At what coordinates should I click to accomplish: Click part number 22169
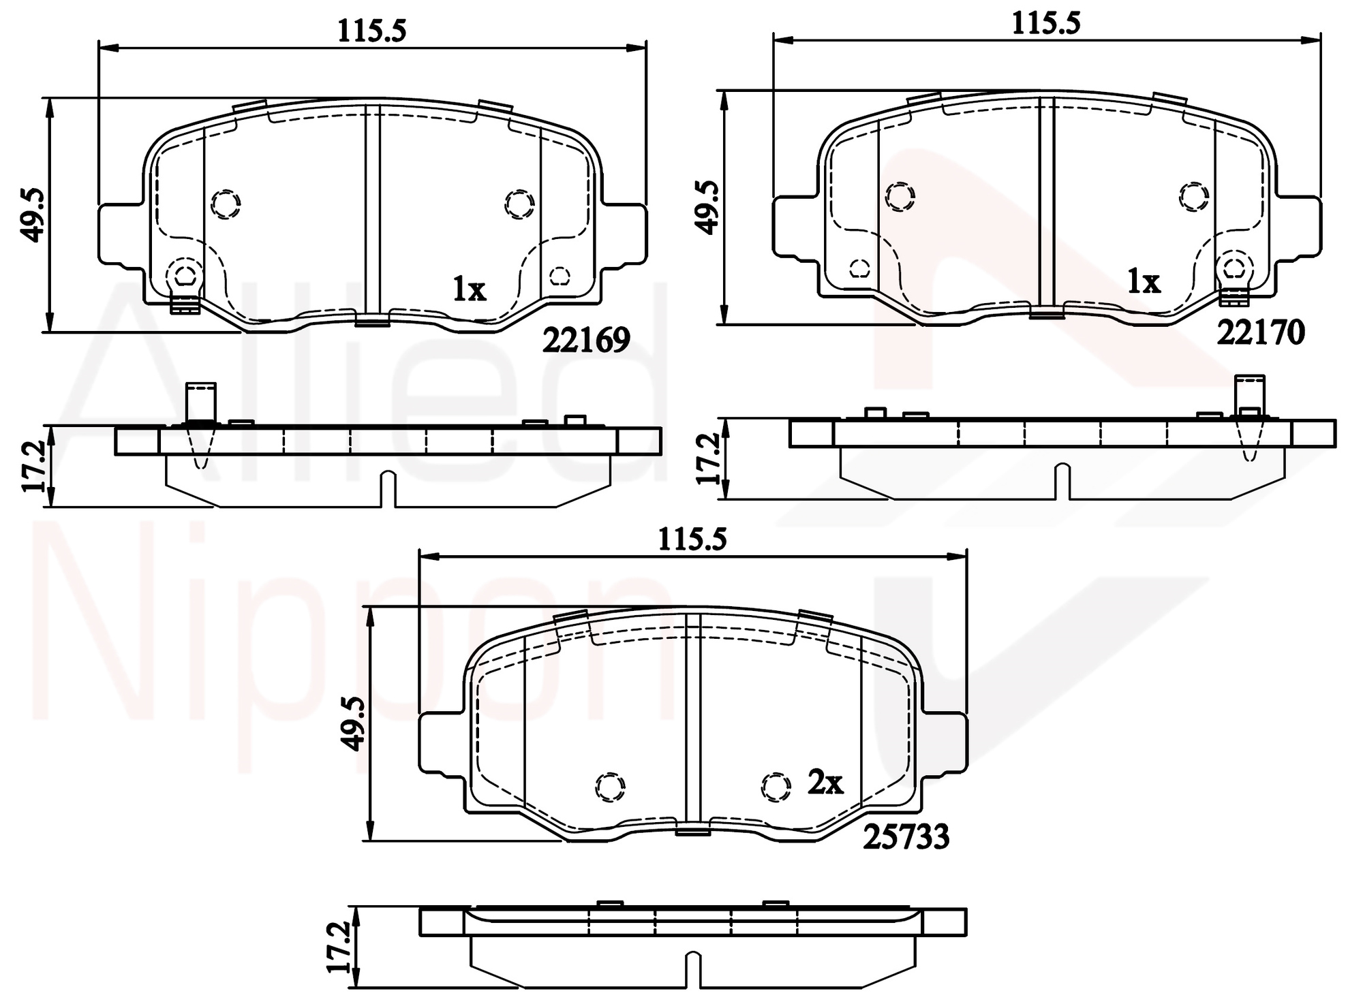586,340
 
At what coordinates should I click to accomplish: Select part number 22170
1261,332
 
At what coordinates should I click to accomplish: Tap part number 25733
906,837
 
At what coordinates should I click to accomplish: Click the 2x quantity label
825,783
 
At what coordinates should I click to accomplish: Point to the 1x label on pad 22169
470,290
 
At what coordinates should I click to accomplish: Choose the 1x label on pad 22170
1144,281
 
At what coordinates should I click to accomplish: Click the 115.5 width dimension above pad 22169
372,31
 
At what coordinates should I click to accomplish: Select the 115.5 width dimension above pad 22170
1046,23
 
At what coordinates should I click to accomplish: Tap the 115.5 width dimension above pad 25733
692,539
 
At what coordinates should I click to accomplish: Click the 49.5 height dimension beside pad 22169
32,215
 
